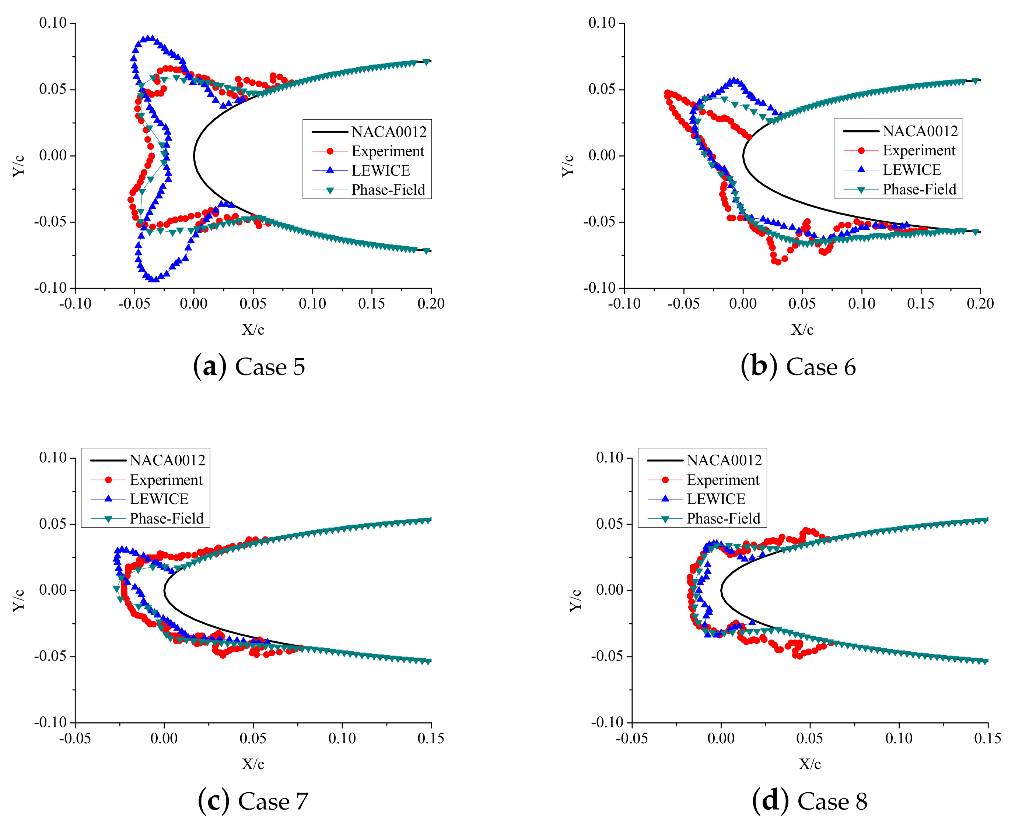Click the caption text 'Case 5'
coord(270,367)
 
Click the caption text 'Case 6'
coord(820,367)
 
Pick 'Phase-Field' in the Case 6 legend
coord(919,189)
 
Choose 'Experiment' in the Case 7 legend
coord(166,479)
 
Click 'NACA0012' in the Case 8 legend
coord(724,460)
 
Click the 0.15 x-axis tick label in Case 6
coord(921,303)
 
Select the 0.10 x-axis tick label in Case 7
coord(342,738)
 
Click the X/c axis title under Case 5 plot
coord(253,329)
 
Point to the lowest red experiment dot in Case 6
coord(778,262)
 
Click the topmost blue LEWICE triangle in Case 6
coord(735,81)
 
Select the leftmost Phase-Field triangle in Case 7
coord(116,589)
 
